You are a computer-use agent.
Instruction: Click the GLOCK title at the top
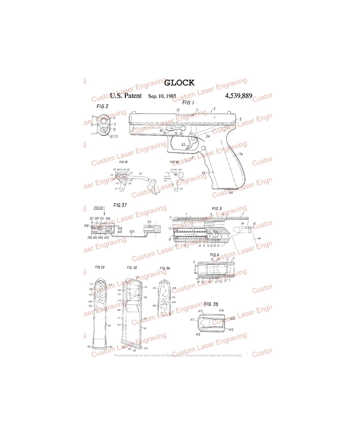click(179, 83)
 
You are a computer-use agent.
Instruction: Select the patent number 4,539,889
click(238, 96)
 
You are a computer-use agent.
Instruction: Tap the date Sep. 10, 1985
click(162, 96)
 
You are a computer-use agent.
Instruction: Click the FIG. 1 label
click(188, 103)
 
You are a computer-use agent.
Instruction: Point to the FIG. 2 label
click(102, 107)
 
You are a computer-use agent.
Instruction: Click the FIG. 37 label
click(120, 205)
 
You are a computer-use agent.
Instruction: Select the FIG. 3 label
click(216, 209)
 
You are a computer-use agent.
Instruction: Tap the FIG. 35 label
click(211, 304)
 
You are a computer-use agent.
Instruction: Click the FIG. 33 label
click(100, 267)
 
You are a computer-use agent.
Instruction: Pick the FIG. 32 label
click(132, 267)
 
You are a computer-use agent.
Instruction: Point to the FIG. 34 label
click(164, 268)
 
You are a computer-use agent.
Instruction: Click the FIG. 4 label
click(214, 255)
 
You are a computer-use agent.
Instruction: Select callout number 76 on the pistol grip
click(240, 155)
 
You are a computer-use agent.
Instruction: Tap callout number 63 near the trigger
click(183, 145)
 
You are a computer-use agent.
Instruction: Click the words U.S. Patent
click(126, 96)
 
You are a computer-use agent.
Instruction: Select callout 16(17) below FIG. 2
click(113, 137)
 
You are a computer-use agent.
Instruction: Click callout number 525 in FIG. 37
click(132, 231)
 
